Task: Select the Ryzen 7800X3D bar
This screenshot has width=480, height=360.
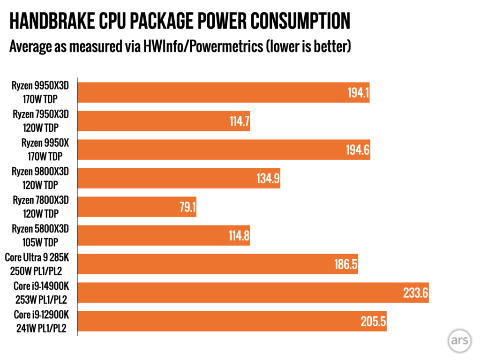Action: (x=136, y=207)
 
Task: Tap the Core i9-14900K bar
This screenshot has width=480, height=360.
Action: (x=253, y=292)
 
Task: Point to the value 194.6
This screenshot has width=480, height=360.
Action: (x=359, y=150)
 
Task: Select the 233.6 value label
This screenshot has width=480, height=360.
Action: (x=415, y=292)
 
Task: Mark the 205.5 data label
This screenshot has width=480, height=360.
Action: (x=373, y=321)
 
